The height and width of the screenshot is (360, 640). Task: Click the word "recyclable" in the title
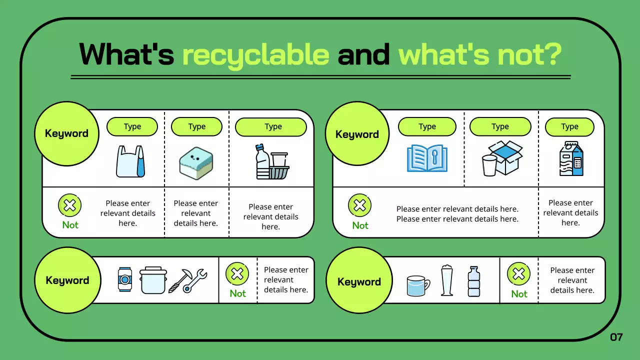(x=255, y=54)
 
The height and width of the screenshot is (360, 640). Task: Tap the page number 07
(x=616, y=337)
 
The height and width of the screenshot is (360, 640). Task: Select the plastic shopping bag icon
(x=130, y=161)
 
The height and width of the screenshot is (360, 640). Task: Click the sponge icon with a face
(x=196, y=163)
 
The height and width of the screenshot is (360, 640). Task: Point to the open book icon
(x=427, y=158)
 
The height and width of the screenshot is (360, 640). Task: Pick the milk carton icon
(x=571, y=158)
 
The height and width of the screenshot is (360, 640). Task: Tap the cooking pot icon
(x=152, y=280)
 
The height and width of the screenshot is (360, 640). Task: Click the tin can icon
(x=124, y=279)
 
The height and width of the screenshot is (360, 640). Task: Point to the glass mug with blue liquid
(x=418, y=286)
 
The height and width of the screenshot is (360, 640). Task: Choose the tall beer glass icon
(x=446, y=280)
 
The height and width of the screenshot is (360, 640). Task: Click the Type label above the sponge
(x=196, y=127)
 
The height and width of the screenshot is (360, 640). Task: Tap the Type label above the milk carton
(x=569, y=127)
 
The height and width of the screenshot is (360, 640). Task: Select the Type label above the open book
(x=427, y=127)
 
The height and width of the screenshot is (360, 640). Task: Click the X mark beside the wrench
(x=237, y=274)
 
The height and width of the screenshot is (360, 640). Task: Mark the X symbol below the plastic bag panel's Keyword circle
(x=70, y=205)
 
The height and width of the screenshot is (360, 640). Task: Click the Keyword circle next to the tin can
(x=67, y=280)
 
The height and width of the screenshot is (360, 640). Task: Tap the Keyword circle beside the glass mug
(x=358, y=282)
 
